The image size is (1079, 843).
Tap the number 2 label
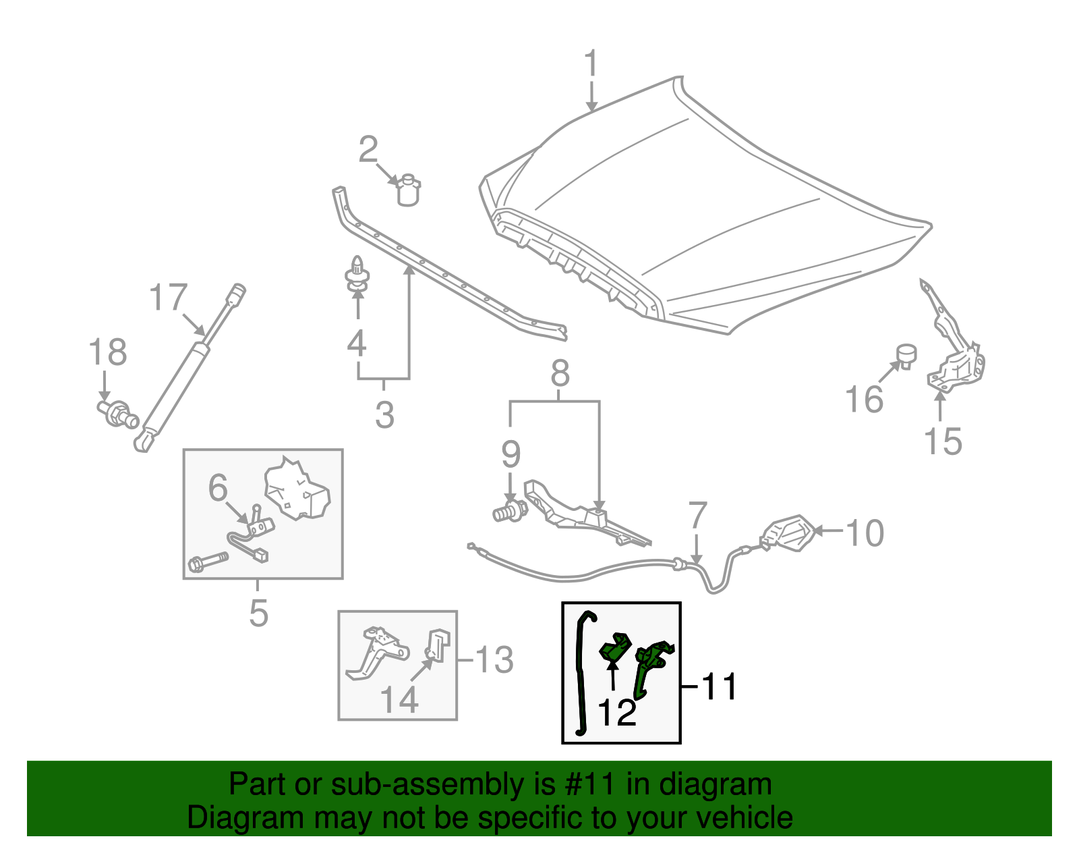click(368, 149)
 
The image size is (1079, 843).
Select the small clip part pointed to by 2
click(408, 190)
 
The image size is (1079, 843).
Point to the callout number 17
click(167, 298)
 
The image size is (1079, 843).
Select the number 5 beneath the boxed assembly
click(258, 613)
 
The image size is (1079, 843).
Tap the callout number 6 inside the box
click(218, 487)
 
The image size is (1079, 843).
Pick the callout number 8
click(560, 373)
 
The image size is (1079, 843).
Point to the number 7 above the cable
click(697, 516)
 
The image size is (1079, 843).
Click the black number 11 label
click(720, 687)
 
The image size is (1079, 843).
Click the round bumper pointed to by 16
click(907, 355)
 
